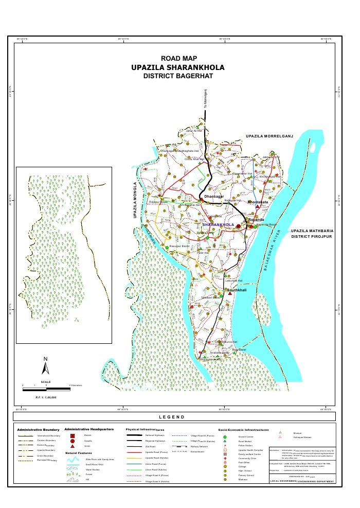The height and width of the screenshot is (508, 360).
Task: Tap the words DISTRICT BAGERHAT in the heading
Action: pos(178,76)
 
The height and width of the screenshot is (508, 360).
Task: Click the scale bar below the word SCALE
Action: pos(46,389)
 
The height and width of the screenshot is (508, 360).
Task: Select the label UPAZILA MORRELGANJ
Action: pos(269,136)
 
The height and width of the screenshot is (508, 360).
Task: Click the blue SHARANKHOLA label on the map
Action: pos(219,225)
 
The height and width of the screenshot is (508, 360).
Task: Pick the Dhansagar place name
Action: pos(214,197)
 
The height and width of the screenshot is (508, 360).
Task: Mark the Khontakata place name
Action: pos(258,203)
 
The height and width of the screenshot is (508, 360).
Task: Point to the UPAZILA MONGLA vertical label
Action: pos(135,201)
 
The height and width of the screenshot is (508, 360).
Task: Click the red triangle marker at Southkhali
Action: pos(229,293)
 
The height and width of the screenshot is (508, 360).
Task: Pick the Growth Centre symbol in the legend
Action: pos(225,436)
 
